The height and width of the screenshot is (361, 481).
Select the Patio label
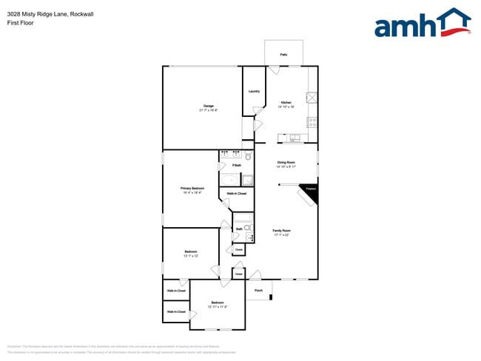283,55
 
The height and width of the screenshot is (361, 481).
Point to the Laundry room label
254,91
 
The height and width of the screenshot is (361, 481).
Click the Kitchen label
286,102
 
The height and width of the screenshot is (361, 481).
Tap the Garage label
209,105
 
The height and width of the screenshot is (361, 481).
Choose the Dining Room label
286,162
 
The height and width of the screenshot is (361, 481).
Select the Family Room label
280,230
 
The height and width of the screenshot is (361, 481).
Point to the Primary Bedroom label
192,188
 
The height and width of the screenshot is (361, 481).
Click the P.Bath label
236,165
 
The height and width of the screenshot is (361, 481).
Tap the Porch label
258,290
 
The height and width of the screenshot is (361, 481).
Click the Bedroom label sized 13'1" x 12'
191,252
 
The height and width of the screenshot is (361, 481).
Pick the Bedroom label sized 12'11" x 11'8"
217,302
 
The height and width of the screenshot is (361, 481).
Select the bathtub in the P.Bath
228,180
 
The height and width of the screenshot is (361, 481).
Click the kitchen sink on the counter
295,137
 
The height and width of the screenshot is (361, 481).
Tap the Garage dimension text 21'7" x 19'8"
209,109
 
